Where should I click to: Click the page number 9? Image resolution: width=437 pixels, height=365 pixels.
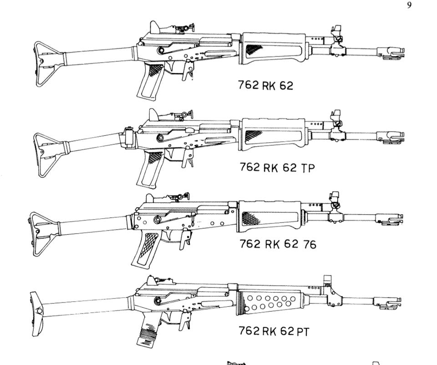(x=409, y=5)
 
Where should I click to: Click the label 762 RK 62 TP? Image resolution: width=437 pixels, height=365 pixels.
(x=277, y=167)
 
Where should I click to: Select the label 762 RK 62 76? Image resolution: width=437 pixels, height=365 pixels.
(x=278, y=244)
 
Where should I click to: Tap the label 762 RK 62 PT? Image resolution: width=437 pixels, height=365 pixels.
(x=274, y=331)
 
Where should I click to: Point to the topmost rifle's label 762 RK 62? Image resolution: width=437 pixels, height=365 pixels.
(x=266, y=85)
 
